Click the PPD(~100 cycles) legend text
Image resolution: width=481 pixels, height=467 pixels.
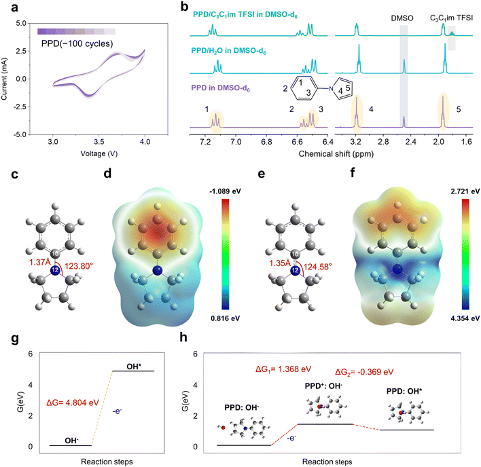(x=75, y=44)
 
